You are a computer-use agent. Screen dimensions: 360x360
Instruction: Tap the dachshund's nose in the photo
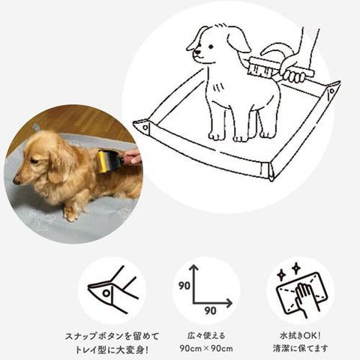coord(16,181)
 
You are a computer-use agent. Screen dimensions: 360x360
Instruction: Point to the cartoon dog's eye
coord(211,46)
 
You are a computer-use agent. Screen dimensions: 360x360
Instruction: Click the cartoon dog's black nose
coord(197,52)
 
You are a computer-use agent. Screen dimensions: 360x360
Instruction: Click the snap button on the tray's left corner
coord(145,127)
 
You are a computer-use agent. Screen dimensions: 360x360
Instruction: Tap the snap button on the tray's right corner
coord(331,91)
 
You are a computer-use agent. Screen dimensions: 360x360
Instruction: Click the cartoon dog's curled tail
coord(277,52)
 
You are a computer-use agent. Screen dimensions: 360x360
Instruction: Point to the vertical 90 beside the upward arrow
coord(184,286)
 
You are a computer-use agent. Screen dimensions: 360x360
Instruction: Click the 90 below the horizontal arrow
coord(211,310)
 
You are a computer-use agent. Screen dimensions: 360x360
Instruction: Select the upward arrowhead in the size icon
coord(193,268)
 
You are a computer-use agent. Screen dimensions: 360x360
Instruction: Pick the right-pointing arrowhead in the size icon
coord(229,303)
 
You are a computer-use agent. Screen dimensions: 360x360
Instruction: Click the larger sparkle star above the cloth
coord(296,268)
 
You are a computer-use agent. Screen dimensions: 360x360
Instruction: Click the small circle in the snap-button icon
coord(106,292)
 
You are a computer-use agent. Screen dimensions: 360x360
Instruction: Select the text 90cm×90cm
coord(206,348)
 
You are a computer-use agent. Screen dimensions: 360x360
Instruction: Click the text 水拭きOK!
coord(300,336)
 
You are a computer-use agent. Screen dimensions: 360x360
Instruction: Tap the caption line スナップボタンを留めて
coord(112,336)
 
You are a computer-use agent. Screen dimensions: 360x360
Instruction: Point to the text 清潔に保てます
coord(300,348)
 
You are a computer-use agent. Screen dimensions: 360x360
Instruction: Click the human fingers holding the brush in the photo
coord(132,156)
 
